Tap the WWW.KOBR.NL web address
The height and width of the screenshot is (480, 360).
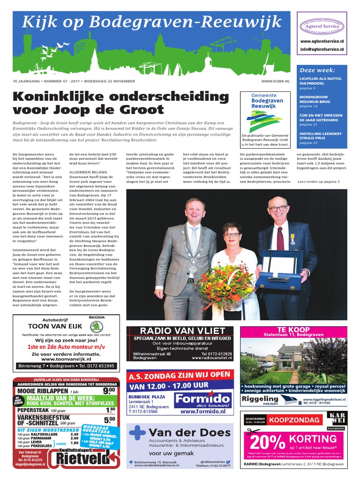275,81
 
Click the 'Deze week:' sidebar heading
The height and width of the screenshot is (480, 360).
314,70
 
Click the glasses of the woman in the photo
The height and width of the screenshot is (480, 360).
232,234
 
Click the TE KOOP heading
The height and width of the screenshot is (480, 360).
293,330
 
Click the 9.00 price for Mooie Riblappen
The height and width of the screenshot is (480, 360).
109,390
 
